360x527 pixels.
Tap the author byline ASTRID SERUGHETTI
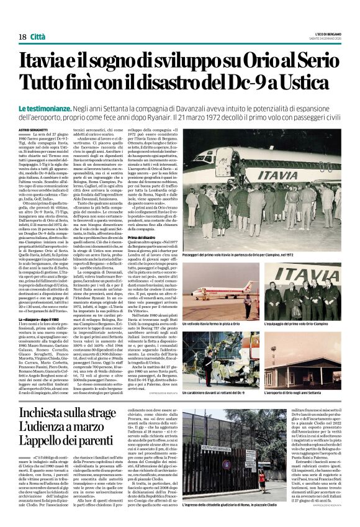33,129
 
